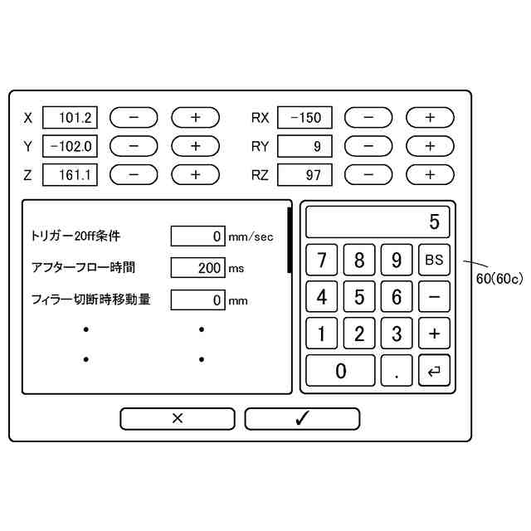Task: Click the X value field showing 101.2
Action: [71, 117]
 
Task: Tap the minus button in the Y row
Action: [134, 146]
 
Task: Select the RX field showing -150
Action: [304, 117]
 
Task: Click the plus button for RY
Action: [430, 146]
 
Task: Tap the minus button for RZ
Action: [368, 175]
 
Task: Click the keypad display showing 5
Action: [378, 222]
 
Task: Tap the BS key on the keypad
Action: [434, 260]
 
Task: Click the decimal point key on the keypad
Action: [397, 371]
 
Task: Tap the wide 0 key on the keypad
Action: [340, 371]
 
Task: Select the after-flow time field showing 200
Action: [197, 267]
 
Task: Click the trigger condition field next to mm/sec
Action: [197, 236]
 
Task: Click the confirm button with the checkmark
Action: [302, 418]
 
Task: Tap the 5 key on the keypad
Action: [359, 296]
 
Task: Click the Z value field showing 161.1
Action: [71, 175]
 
